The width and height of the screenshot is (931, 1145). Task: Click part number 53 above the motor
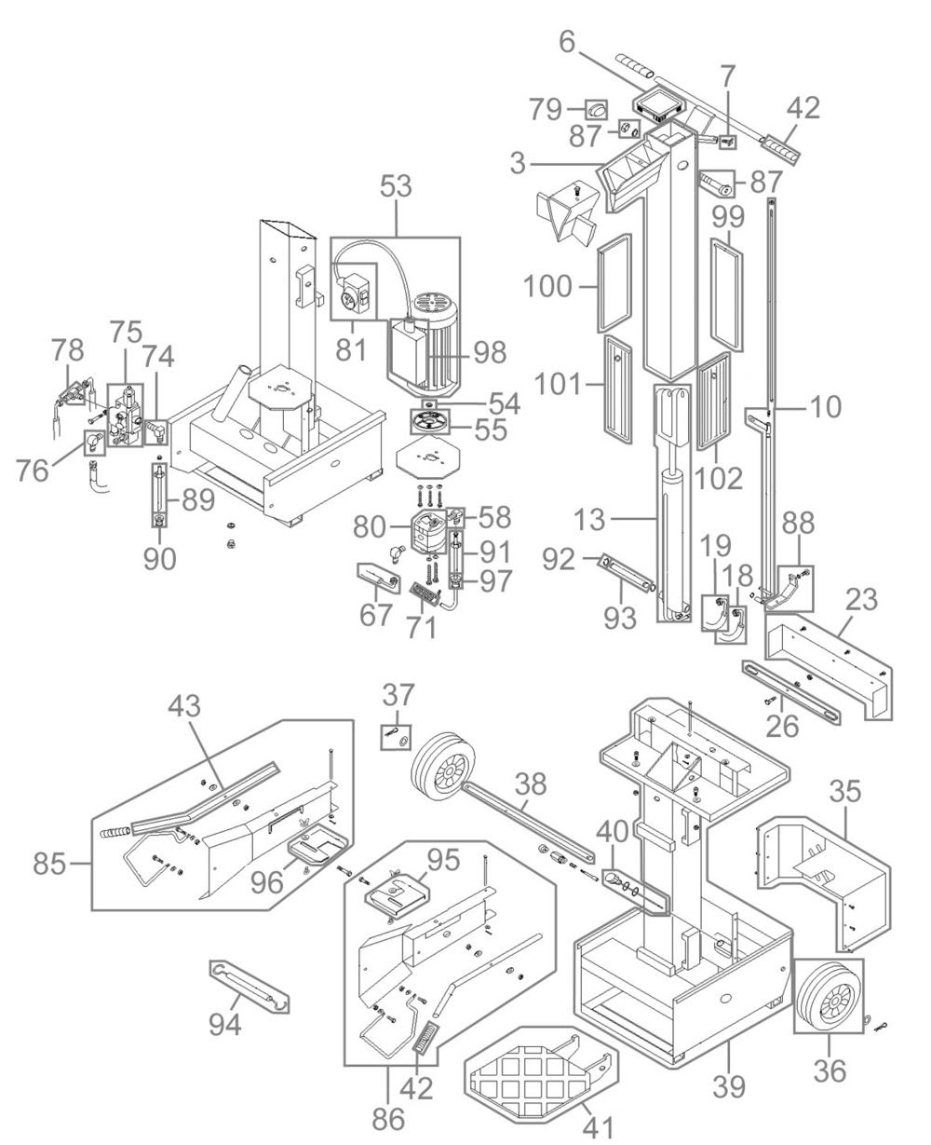click(x=396, y=186)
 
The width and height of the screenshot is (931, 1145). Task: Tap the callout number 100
click(x=547, y=286)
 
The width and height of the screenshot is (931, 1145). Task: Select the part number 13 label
click(x=589, y=520)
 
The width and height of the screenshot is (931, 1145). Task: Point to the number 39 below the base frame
click(x=728, y=1086)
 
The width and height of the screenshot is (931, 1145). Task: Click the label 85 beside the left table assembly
click(x=49, y=865)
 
